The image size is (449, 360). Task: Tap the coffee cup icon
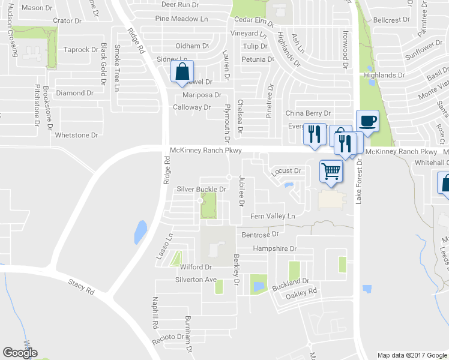coord(367,121)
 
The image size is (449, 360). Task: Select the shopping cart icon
coord(331,171)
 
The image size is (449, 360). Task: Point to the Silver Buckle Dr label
coord(201,206)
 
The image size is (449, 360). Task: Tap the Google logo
coord(20,353)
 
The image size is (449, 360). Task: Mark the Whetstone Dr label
coord(76,135)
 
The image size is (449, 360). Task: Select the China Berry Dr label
coord(308,113)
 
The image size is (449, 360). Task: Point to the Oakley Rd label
coord(301,293)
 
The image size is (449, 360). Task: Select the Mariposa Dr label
coord(202,95)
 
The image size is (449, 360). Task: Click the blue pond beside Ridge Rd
coord(140,232)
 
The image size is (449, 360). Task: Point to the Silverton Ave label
coord(196,280)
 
